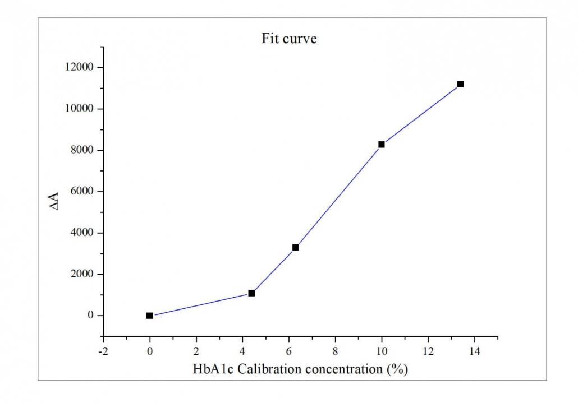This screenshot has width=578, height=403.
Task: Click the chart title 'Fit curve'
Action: [289, 39]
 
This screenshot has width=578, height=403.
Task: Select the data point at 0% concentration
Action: [149, 316]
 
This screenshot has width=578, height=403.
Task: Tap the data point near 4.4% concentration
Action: [251, 293]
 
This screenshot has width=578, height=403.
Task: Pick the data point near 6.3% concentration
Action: [296, 247]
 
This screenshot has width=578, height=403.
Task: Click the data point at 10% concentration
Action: [382, 145]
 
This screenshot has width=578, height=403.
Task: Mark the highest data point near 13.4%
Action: [460, 84]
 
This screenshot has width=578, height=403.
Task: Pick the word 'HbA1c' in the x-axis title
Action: [211, 369]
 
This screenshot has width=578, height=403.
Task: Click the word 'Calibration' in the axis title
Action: [264, 369]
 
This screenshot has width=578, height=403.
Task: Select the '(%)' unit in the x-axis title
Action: [396, 369]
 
